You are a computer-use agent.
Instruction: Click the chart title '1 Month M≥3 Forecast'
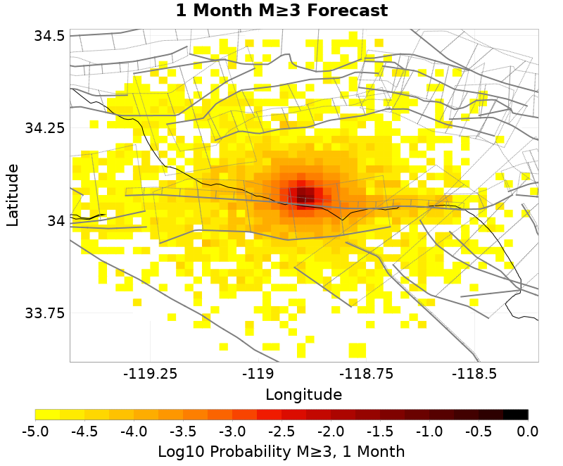click(x=281, y=11)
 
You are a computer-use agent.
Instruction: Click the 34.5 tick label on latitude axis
click(x=49, y=35)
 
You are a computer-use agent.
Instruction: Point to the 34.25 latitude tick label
click(x=44, y=128)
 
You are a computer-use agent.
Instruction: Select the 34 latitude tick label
click(x=56, y=220)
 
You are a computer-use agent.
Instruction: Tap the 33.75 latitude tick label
click(x=44, y=313)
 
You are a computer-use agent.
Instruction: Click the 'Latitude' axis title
click(x=13, y=194)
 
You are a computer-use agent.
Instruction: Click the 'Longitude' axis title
click(x=304, y=393)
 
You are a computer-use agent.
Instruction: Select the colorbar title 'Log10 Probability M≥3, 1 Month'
click(x=281, y=451)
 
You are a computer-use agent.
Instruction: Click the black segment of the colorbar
click(x=515, y=415)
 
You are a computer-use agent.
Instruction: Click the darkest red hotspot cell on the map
click(x=305, y=194)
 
